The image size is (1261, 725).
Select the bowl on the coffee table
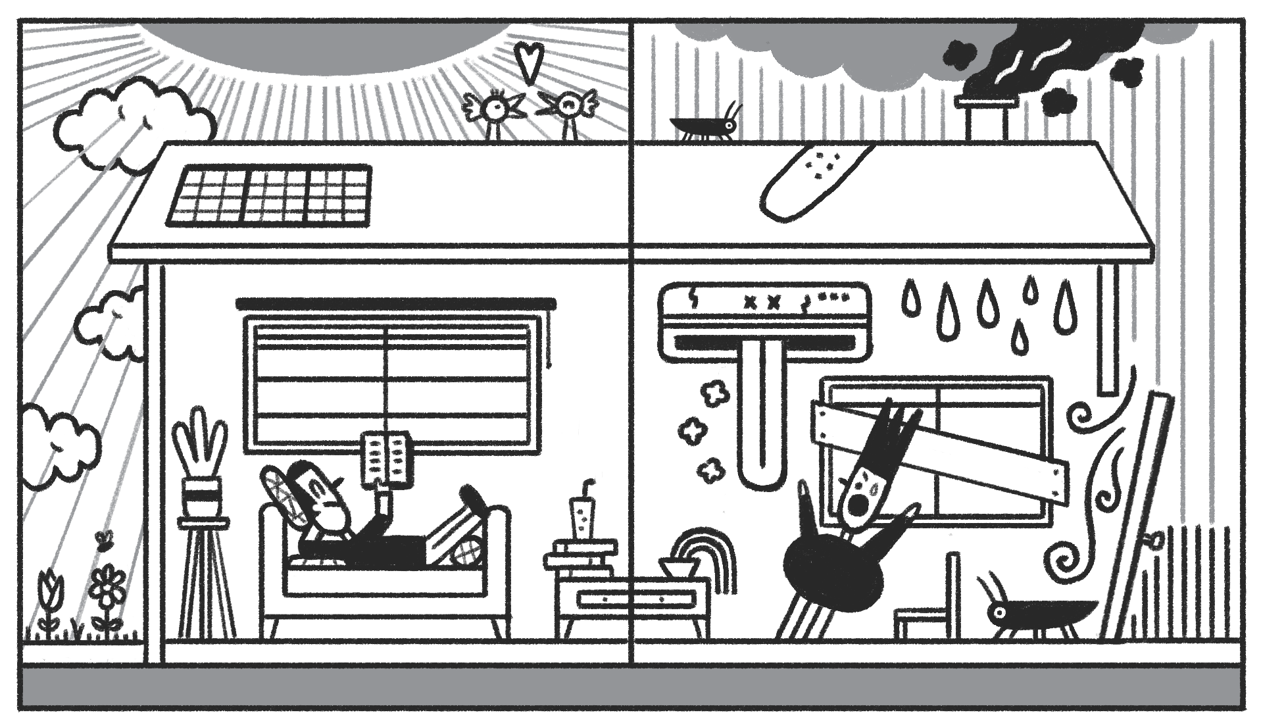(677, 567)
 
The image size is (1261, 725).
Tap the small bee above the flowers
(103, 540)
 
